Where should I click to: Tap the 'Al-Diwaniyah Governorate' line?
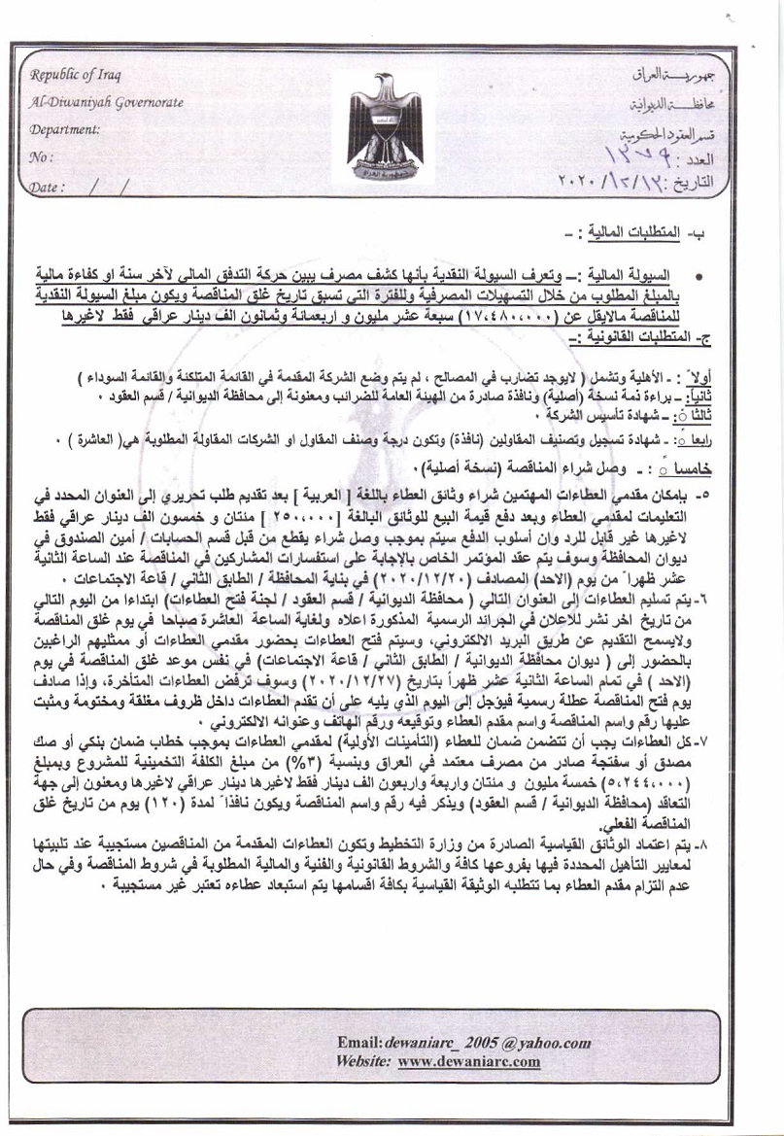coord(106,101)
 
